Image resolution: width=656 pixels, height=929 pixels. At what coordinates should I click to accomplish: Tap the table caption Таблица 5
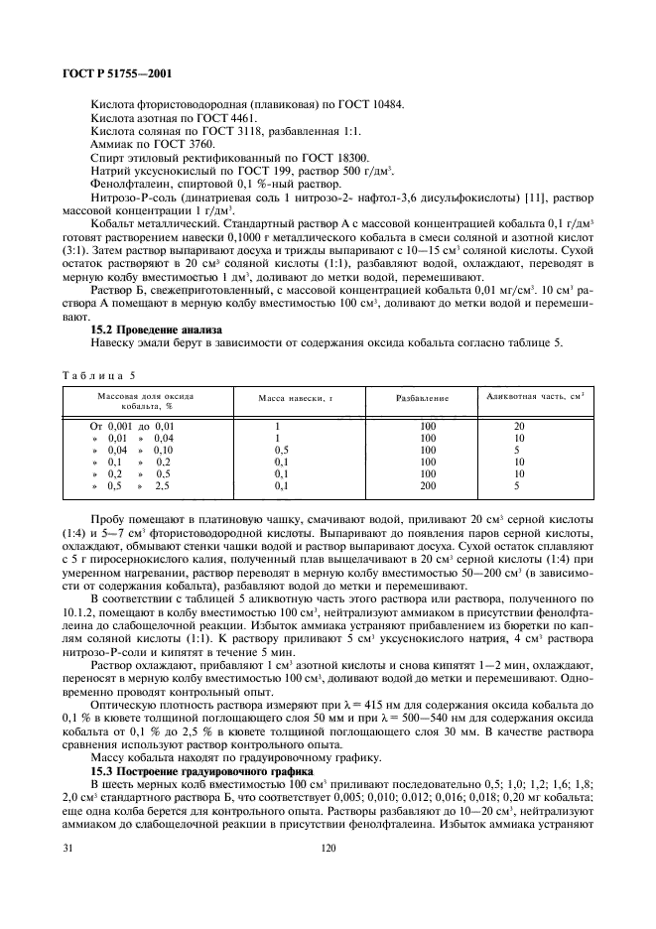tap(94, 375)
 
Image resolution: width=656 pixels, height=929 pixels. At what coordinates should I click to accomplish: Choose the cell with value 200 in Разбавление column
tap(428, 485)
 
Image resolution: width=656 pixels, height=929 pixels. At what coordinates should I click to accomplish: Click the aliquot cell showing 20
tap(518, 426)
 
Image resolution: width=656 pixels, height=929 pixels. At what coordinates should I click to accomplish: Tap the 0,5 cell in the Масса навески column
tap(281, 450)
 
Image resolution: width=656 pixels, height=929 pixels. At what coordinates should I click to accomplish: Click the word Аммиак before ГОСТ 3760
tap(115, 144)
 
